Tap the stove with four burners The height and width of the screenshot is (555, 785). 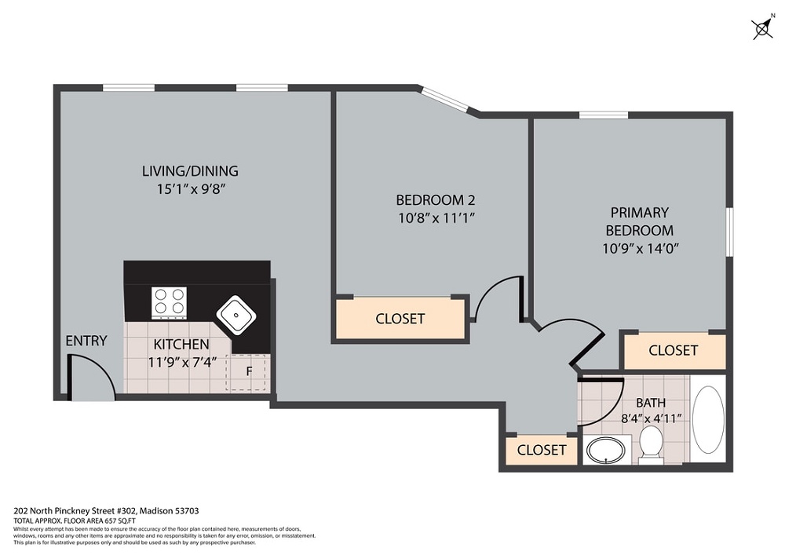pos(170,302)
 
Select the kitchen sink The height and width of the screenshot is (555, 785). pos(235,314)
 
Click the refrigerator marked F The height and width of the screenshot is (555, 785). pos(246,372)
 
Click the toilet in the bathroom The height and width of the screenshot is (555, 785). pos(651,445)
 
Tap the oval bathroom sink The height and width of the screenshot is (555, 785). pos(605,451)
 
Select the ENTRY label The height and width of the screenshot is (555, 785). pos(86,341)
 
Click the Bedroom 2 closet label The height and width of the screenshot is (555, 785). pos(400,319)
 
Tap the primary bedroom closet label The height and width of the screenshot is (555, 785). pos(673,350)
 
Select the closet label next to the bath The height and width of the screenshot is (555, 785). pos(541,450)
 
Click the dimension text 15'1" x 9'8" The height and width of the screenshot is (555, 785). pos(190,188)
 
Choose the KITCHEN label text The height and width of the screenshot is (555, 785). pos(181,345)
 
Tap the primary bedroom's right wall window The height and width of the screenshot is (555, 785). pos(729,231)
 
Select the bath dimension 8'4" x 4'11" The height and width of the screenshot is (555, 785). pos(650,419)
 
